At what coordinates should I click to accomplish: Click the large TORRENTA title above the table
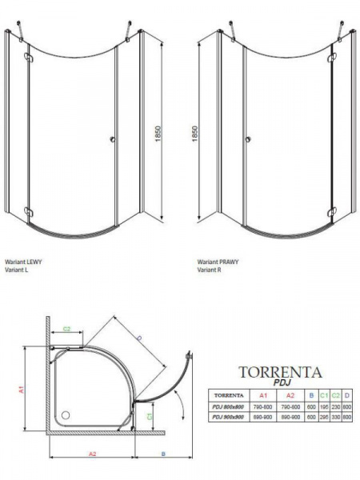point(281,372)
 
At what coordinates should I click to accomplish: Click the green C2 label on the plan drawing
point(67,328)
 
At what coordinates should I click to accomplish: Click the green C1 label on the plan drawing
point(150,417)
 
